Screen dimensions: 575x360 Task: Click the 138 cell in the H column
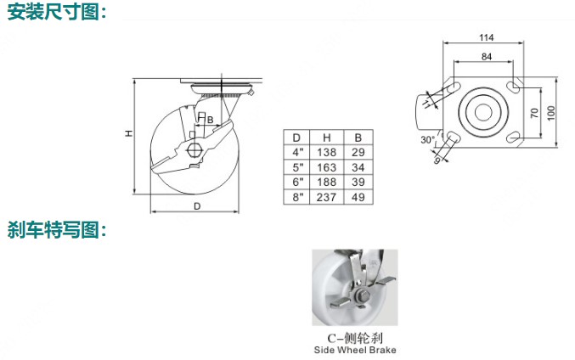326,152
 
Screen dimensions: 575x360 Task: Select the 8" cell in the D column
297,197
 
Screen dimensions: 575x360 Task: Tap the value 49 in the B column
358,197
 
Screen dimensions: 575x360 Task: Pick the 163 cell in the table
326,167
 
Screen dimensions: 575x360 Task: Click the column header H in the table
326,138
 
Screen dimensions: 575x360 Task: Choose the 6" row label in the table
297,182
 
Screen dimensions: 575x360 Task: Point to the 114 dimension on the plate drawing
487,37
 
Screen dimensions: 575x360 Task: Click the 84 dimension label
487,56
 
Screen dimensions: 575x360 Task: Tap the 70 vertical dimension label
534,113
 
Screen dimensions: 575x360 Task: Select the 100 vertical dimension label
551,113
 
